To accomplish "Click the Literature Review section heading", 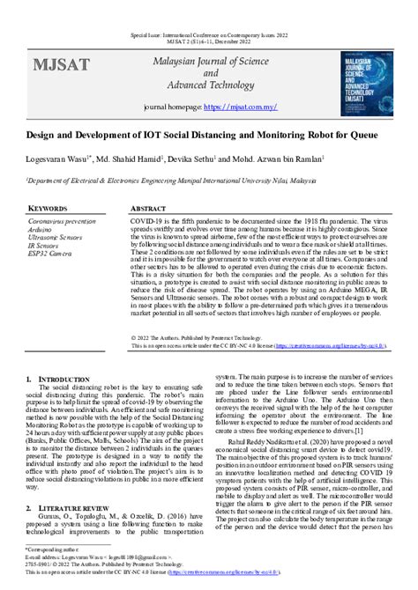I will click(78, 509).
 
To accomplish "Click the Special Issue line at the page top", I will click(208, 26).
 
